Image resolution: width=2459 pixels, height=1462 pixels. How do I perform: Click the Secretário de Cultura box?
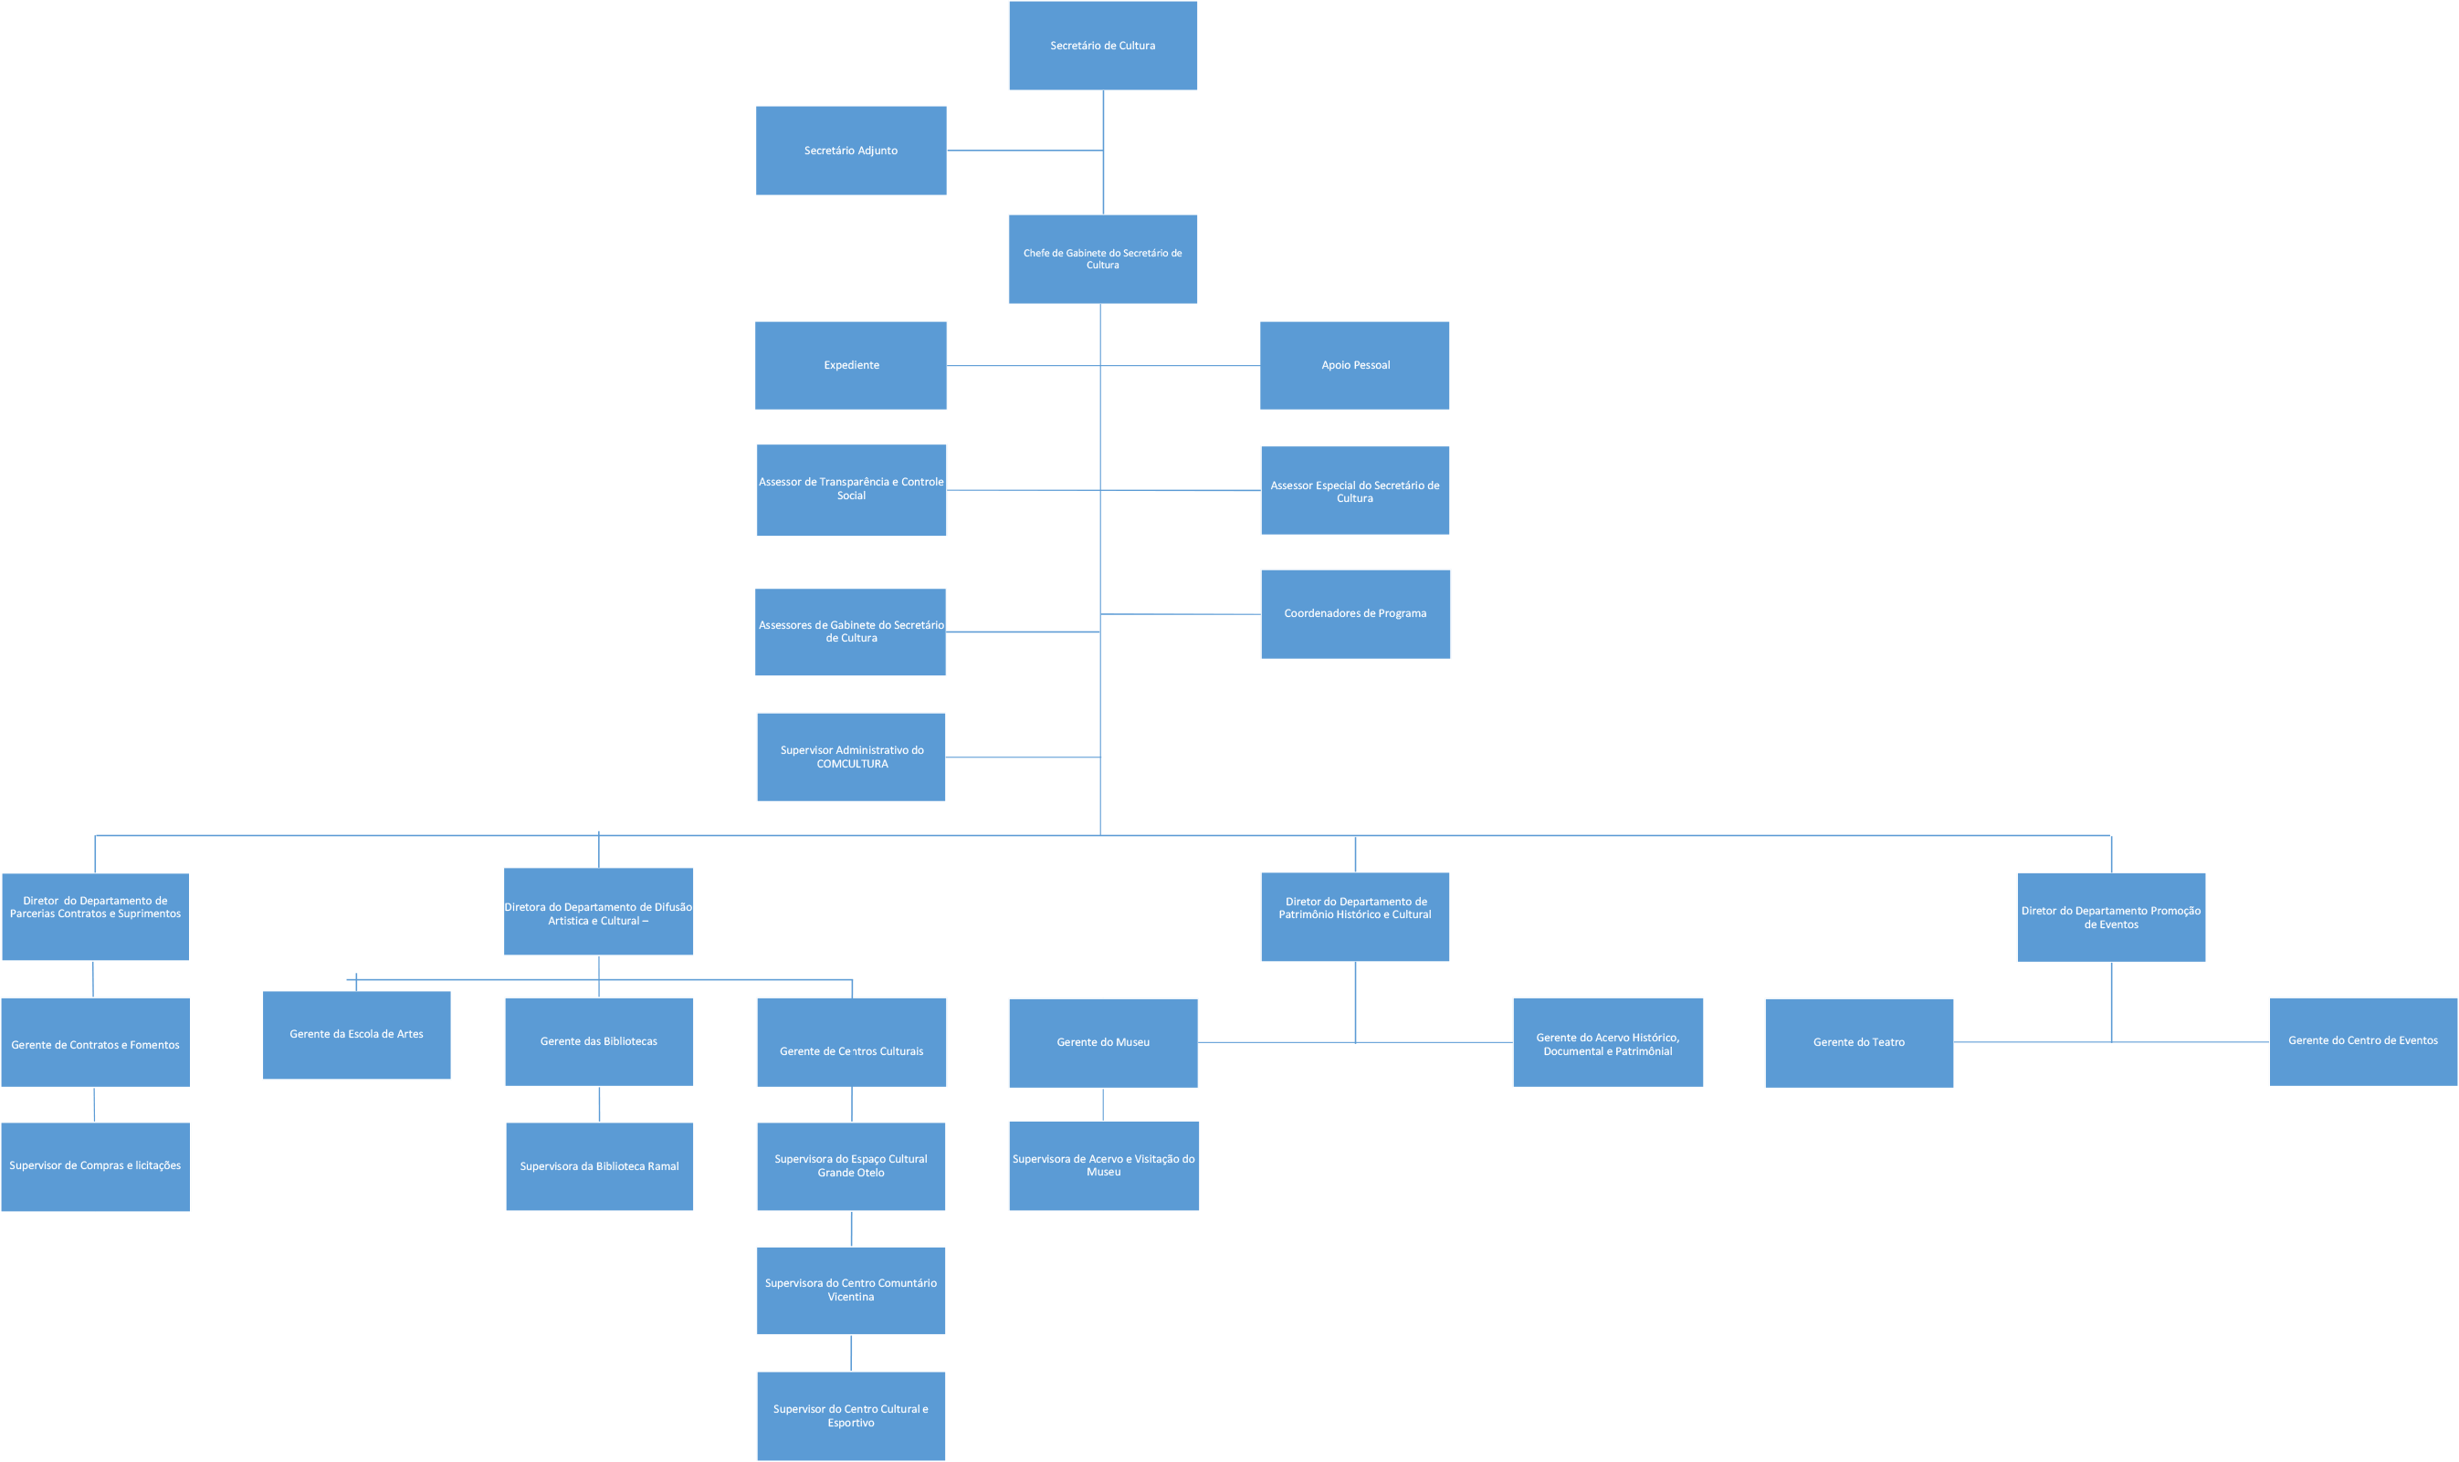[1103, 47]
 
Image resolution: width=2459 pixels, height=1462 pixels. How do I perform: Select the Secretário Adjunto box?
[850, 151]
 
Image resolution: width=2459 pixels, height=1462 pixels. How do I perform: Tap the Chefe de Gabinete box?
[1103, 259]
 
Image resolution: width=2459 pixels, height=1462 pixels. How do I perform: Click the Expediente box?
[850, 365]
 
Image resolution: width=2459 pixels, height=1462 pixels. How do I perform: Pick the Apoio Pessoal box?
[1354, 365]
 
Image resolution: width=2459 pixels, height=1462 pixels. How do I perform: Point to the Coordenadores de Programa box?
[1354, 614]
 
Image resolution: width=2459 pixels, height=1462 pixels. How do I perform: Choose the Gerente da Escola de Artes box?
[356, 1034]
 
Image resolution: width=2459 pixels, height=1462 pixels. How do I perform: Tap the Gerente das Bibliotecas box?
[598, 1041]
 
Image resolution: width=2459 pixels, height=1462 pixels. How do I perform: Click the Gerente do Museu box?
[1103, 1042]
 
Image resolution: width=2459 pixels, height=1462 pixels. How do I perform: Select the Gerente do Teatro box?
[1858, 1042]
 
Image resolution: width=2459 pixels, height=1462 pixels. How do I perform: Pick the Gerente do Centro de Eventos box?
[2362, 1041]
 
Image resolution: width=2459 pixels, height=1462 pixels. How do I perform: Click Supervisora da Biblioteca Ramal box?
[599, 1166]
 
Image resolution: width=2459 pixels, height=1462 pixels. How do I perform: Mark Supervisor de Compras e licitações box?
[96, 1166]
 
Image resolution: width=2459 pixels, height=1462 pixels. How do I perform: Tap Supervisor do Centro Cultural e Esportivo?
[850, 1415]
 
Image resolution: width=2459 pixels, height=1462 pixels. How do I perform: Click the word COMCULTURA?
[852, 765]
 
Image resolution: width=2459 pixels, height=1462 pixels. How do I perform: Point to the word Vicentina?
[850, 1298]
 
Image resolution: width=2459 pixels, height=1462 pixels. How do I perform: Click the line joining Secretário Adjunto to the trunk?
[1025, 151]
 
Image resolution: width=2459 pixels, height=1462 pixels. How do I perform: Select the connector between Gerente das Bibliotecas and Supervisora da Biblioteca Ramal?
[599, 1104]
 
